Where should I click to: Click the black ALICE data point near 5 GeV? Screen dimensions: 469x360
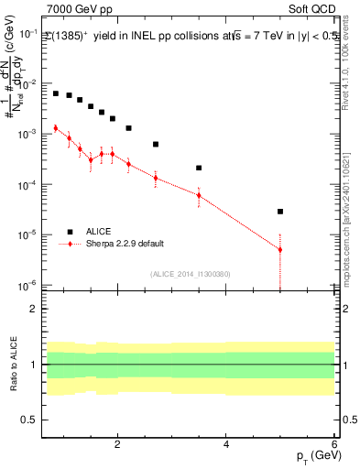click(x=280, y=212)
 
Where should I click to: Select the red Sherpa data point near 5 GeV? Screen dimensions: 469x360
click(x=280, y=249)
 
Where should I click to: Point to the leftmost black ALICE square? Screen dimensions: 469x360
click(x=56, y=93)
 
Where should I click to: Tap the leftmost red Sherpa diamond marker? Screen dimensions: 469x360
click(x=56, y=128)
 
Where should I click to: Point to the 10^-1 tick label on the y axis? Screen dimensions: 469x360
click(x=28, y=33)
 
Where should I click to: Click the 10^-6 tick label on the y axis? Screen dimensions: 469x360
click(x=28, y=285)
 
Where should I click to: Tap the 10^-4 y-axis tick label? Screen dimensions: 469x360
click(x=28, y=184)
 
